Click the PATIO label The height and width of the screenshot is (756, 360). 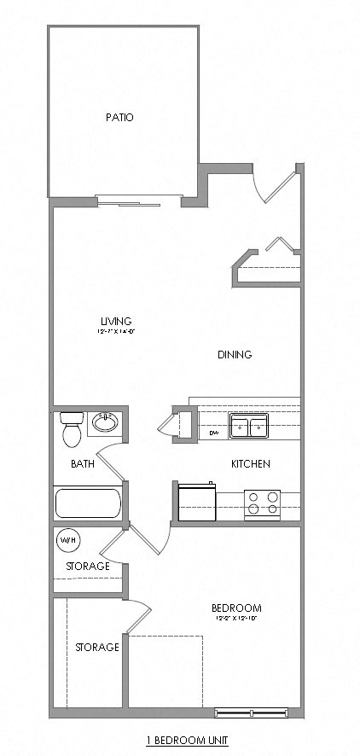pos(119,118)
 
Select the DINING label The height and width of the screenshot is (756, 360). pos(235,354)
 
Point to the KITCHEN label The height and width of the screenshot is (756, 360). pos(251,464)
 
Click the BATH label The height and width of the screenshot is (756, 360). pos(83,464)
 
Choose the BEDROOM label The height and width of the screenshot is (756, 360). pos(236,608)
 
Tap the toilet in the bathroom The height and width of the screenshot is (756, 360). pos(71,431)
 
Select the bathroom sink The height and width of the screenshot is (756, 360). pos(106,422)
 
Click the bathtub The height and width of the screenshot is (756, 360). pos(89,503)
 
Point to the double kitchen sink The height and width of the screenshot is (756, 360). pos(248,426)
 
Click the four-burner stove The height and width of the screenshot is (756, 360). pos(263,503)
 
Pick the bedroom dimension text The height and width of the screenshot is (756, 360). pos(236,618)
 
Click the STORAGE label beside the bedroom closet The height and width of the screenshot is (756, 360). pos(96,648)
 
